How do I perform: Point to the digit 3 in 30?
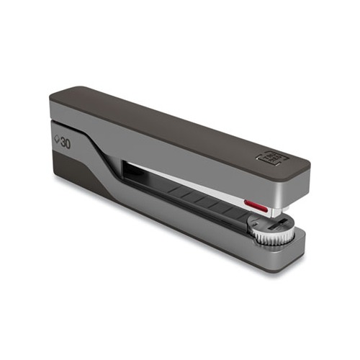point(63,143)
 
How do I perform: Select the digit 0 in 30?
point(68,143)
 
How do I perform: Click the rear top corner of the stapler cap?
point(58,97)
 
